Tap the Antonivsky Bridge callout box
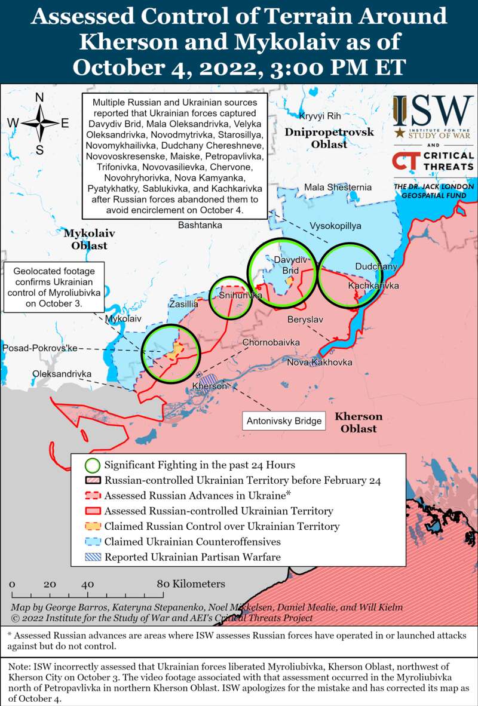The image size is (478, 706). pyautogui.click(x=284, y=420)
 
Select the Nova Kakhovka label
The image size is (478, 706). pyautogui.click(x=320, y=363)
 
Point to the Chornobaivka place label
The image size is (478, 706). pyautogui.click(x=271, y=342)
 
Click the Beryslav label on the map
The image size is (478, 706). pyautogui.click(x=305, y=320)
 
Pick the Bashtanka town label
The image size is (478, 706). pyautogui.click(x=200, y=225)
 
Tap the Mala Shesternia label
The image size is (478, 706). pyautogui.click(x=338, y=188)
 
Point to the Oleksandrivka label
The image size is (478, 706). pyautogui.click(x=62, y=374)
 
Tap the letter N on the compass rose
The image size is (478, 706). pyautogui.click(x=39, y=97)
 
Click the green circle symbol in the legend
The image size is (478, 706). pyautogui.click(x=92, y=465)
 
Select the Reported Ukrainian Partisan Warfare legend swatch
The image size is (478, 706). pyautogui.click(x=92, y=557)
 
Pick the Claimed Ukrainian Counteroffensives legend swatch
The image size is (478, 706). pyautogui.click(x=92, y=542)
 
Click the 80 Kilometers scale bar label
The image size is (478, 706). pyautogui.click(x=191, y=584)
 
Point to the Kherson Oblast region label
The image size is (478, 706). pyautogui.click(x=358, y=422)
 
